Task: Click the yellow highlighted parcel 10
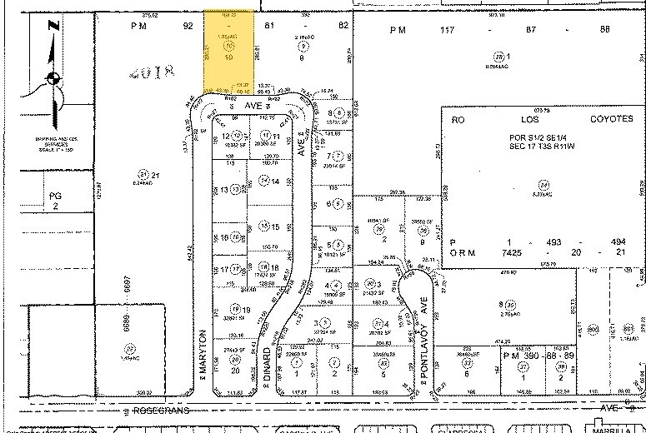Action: click(228, 54)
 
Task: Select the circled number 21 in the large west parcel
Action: click(143, 174)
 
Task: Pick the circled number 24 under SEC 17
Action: click(545, 184)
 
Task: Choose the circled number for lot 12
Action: click(237, 136)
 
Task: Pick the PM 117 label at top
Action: click(408, 30)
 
